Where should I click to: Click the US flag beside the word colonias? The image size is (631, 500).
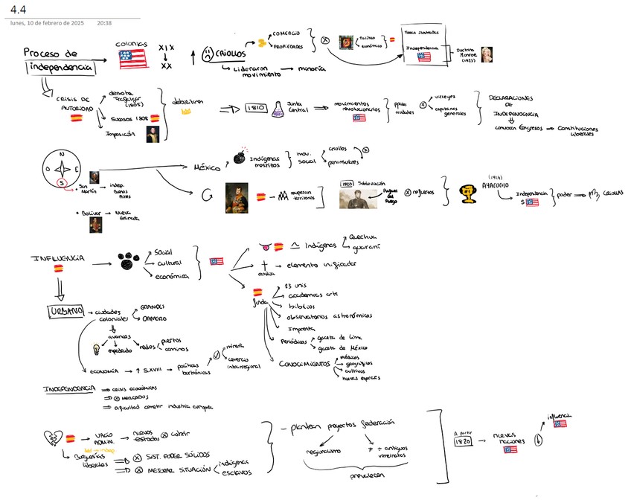click(132, 60)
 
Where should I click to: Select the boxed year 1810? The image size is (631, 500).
click(252, 109)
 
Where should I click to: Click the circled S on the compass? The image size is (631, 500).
click(63, 183)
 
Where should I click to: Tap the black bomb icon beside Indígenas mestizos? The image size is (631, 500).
click(240, 158)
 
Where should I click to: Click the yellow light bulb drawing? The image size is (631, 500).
click(96, 348)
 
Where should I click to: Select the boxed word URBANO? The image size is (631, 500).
click(64, 311)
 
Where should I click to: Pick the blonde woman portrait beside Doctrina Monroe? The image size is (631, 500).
click(486, 54)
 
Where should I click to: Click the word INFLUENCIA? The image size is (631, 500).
click(57, 257)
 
